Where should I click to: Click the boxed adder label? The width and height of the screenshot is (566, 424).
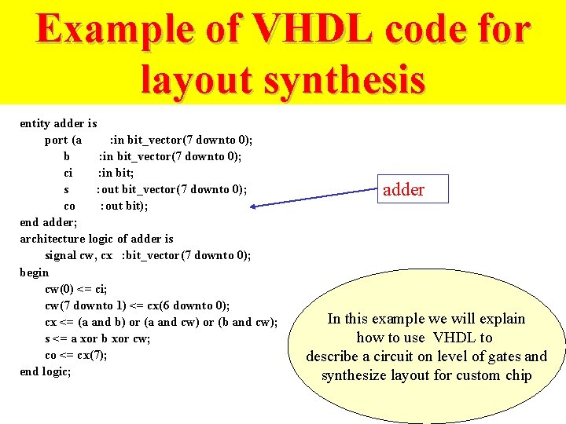point(404,189)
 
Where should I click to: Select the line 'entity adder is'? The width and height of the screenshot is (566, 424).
point(58,123)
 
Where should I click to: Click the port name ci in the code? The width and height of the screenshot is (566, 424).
point(68,173)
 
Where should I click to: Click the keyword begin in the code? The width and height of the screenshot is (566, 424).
point(35,272)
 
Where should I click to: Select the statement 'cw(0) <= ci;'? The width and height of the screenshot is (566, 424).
point(75,289)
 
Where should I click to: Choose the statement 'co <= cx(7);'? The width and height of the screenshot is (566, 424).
point(76,355)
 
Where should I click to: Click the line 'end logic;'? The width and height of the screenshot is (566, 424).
point(46,371)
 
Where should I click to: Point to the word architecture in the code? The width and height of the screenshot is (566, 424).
point(52,239)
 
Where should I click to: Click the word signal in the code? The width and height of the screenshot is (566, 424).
point(61,255)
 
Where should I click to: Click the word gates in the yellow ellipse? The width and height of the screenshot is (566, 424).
point(502,356)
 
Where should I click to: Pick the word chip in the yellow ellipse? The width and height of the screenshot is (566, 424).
point(518,375)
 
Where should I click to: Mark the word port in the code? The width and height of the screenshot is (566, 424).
point(56,140)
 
